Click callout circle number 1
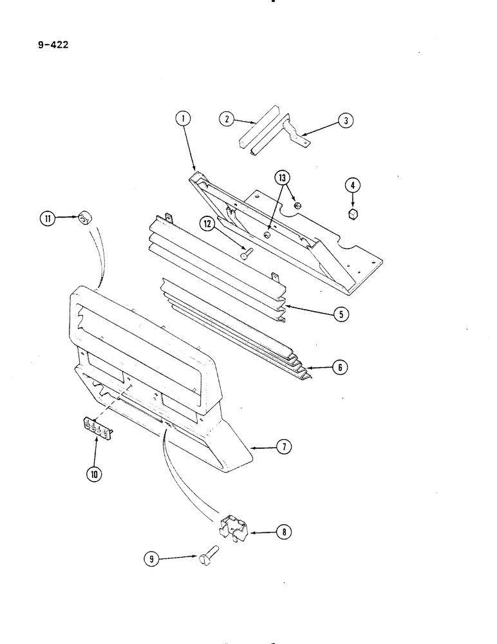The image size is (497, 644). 183,118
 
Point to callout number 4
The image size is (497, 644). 352,185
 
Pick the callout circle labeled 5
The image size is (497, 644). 339,314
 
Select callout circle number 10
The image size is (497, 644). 95,475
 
